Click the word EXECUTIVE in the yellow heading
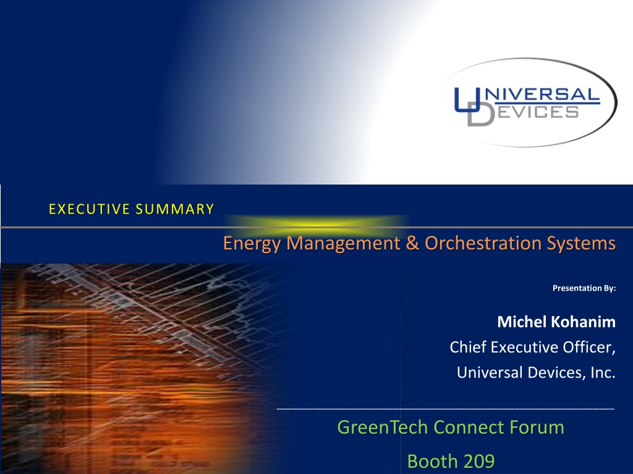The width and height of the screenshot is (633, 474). (89, 209)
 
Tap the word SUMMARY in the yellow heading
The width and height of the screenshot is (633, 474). (175, 209)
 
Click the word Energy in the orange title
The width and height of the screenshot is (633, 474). (252, 244)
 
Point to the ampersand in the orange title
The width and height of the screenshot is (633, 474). (412, 243)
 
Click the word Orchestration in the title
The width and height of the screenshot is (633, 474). (483, 243)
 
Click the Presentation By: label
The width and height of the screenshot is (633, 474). (584, 288)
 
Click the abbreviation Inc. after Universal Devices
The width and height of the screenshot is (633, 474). (603, 372)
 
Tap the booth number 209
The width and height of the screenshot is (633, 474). (478, 461)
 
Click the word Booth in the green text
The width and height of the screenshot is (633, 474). (432, 461)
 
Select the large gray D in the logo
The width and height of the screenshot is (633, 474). (481, 114)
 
